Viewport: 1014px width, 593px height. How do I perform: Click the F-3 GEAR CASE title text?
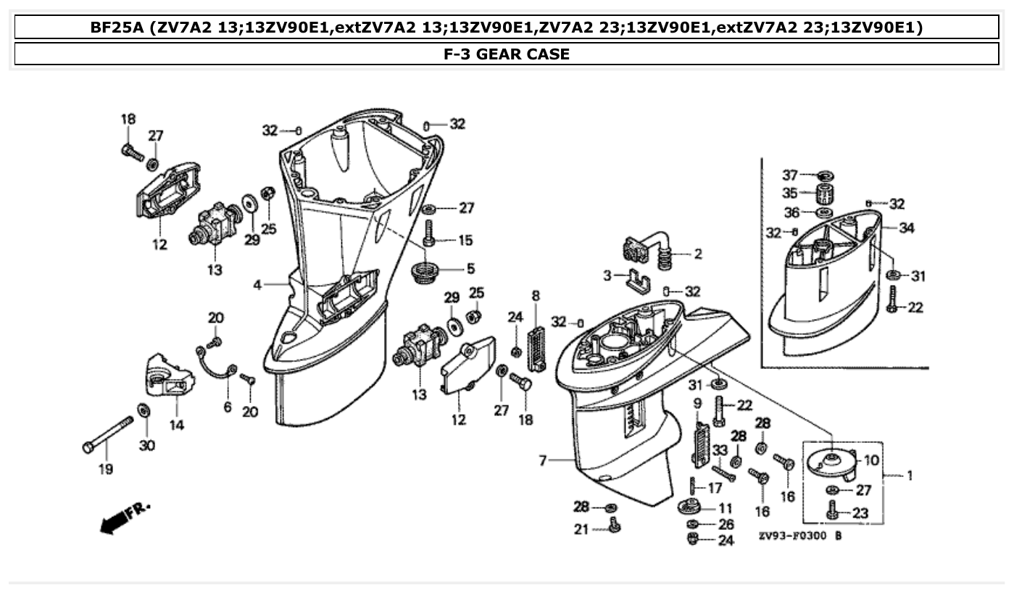(507, 54)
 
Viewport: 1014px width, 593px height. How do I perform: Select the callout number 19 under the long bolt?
(106, 470)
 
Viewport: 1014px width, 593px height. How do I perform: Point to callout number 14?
(177, 425)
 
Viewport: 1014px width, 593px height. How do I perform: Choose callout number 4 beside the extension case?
(257, 285)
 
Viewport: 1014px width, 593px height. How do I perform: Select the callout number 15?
(465, 239)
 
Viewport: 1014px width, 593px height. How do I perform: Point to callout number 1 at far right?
(909, 476)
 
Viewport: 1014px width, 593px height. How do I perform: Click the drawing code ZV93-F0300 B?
(799, 536)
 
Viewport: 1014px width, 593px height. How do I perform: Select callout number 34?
(906, 228)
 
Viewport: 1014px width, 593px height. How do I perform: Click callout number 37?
(789, 175)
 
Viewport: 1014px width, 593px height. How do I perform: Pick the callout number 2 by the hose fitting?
(697, 254)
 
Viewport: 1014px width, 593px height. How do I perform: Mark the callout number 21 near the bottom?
(581, 530)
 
